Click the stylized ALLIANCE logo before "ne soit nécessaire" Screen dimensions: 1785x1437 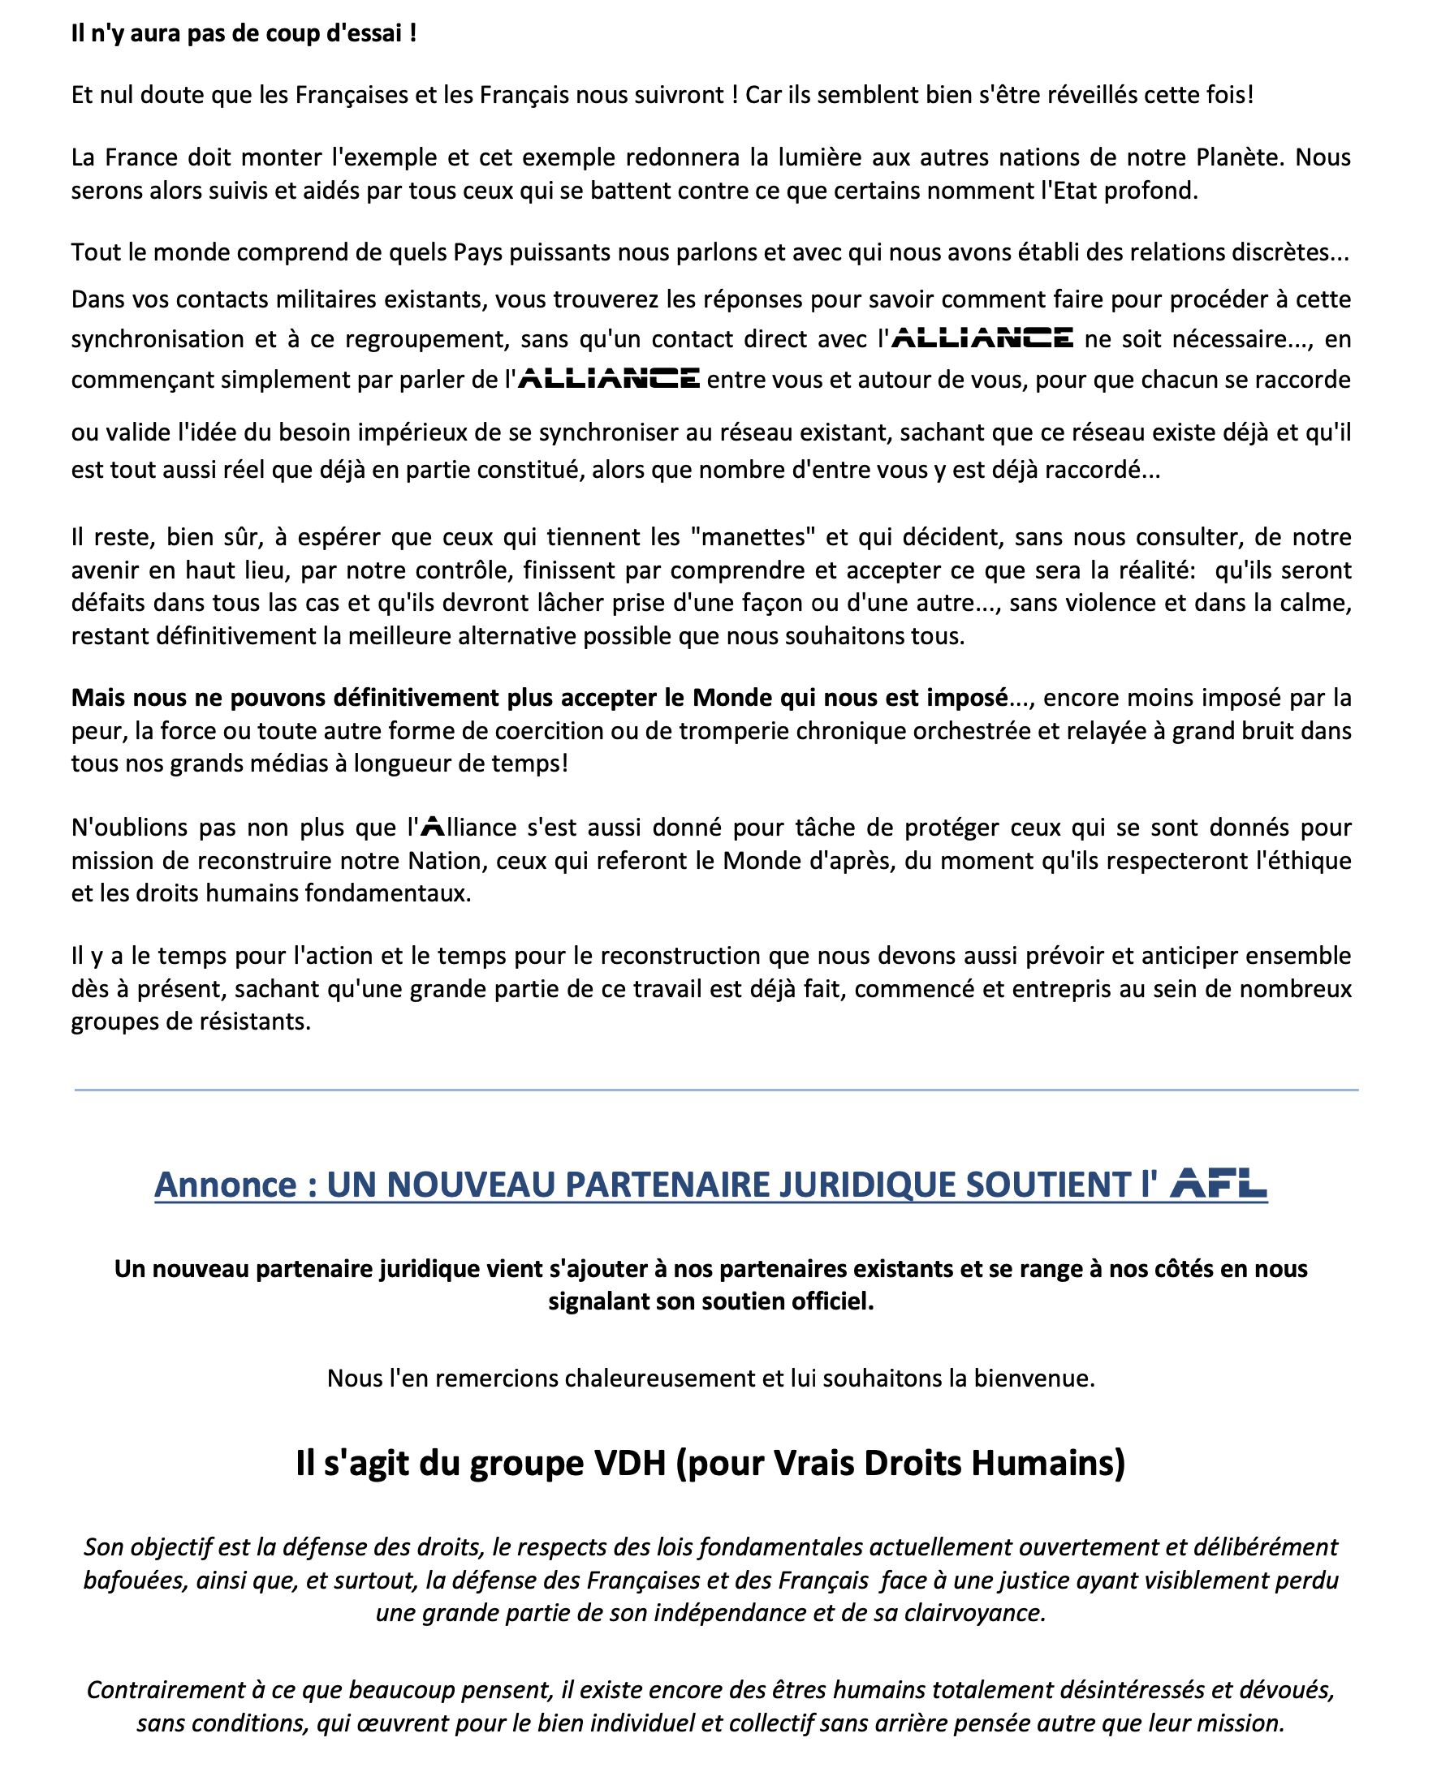(x=982, y=338)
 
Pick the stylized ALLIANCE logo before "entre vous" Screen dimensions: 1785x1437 (x=609, y=379)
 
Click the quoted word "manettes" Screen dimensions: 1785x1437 (x=753, y=537)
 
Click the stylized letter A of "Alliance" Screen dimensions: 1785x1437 (x=434, y=827)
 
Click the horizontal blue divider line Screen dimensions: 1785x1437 (x=716, y=1090)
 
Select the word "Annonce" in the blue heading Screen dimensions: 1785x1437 (x=225, y=1185)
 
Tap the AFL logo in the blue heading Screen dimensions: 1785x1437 (x=1219, y=1183)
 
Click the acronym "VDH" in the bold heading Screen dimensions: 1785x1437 (x=630, y=1464)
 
